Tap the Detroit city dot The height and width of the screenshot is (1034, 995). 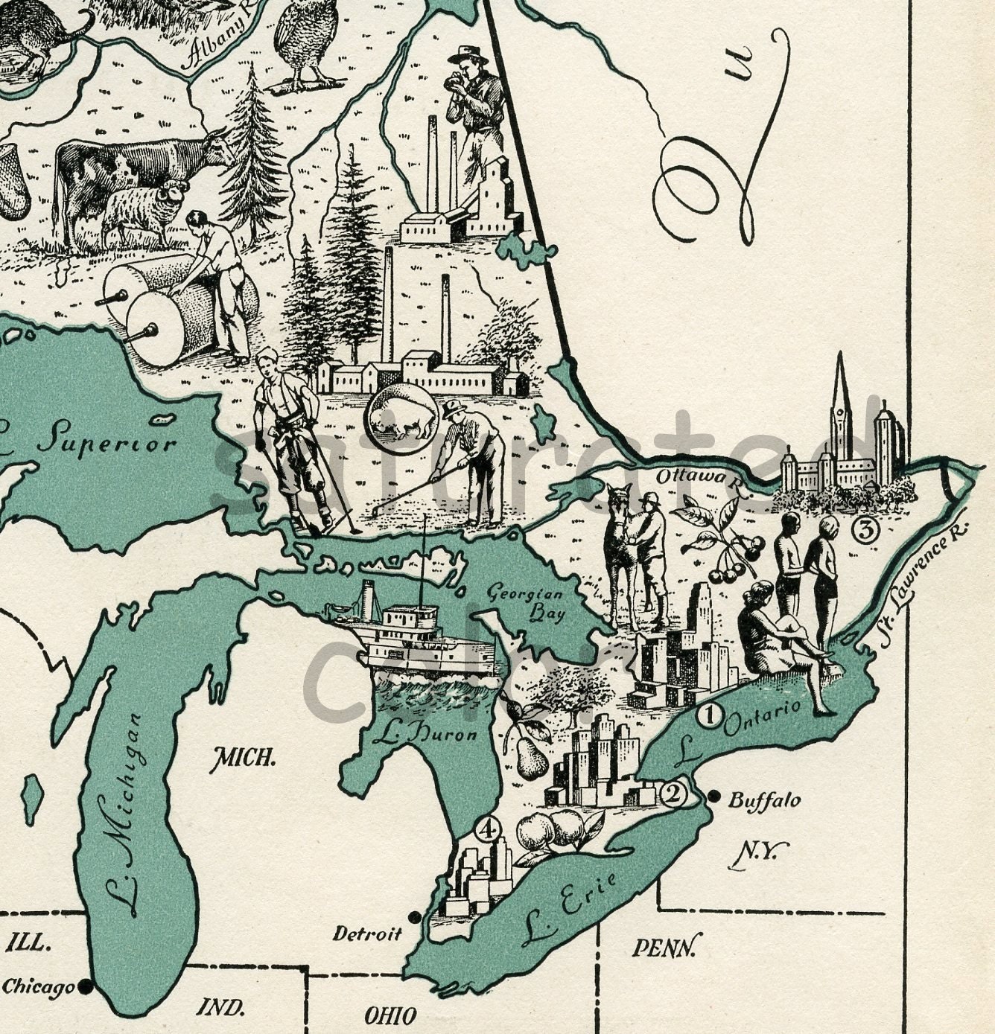click(x=414, y=916)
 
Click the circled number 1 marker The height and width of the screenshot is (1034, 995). click(x=709, y=716)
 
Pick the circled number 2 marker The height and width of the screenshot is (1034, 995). click(x=673, y=794)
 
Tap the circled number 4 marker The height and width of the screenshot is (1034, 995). click(x=487, y=829)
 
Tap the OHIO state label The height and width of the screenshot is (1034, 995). click(x=390, y=1015)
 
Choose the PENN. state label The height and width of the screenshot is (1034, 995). click(x=666, y=947)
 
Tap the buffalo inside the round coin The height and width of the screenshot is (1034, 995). click(x=401, y=417)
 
